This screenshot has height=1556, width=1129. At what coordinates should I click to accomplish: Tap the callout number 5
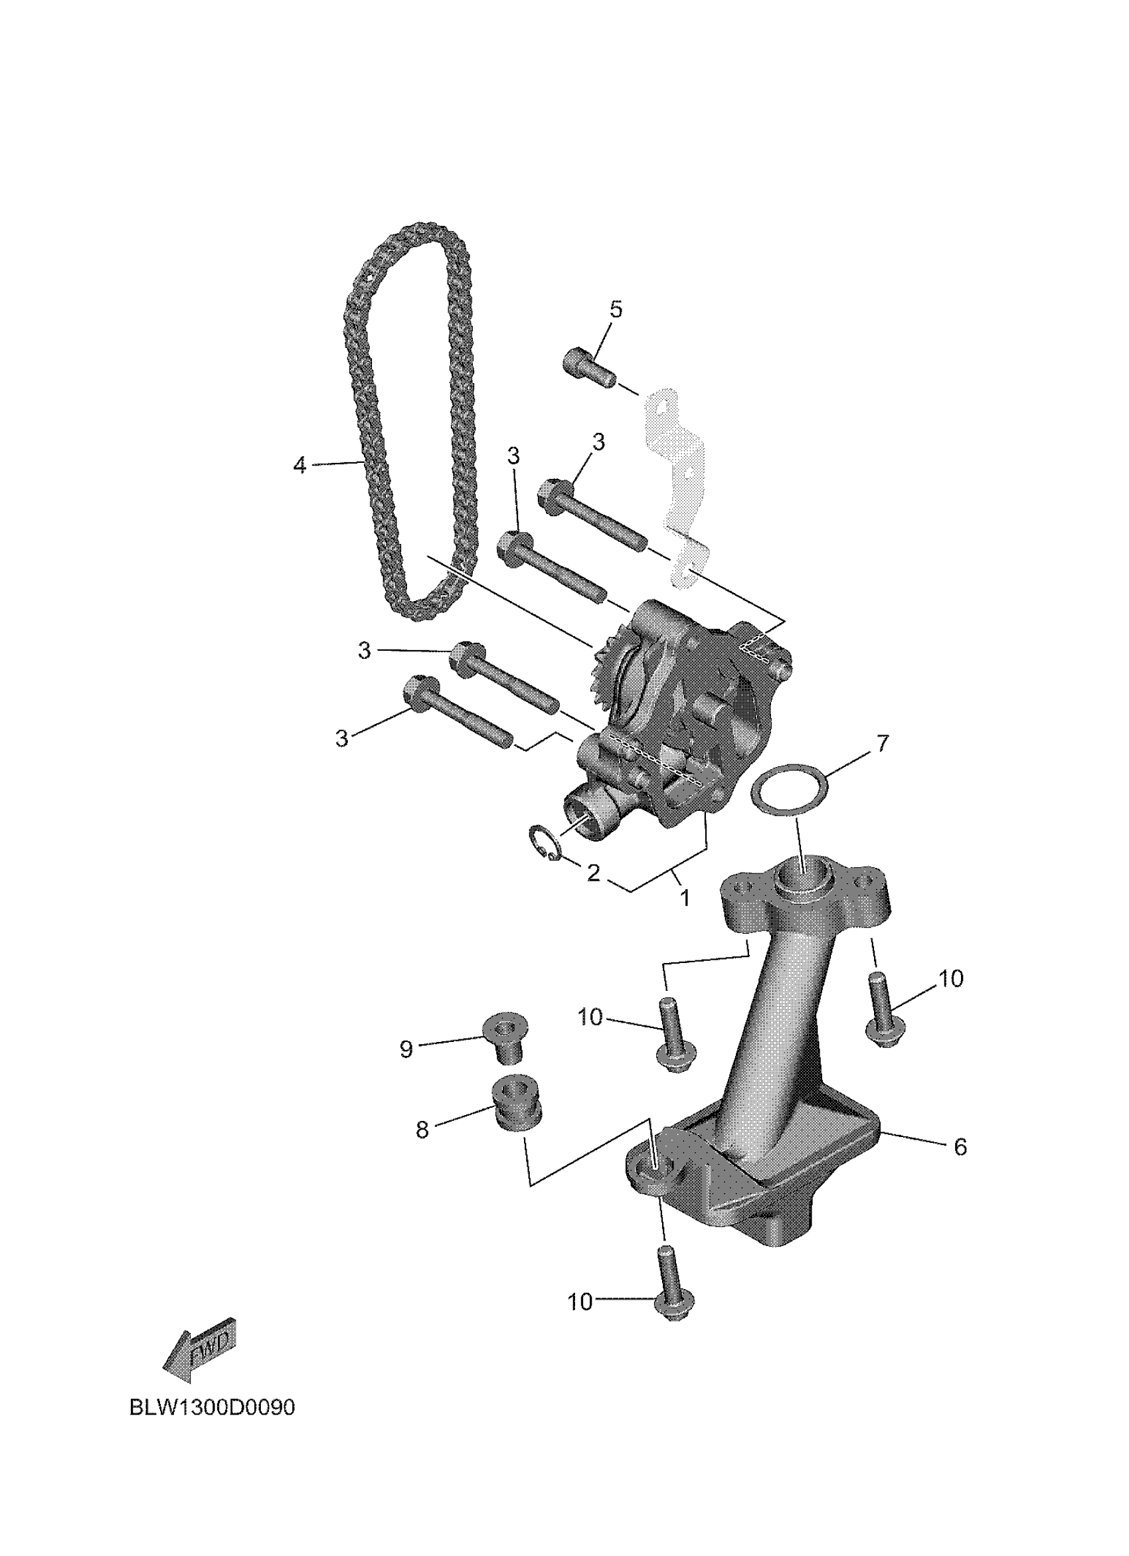[x=615, y=309]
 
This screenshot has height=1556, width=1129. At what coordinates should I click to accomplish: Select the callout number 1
[x=684, y=897]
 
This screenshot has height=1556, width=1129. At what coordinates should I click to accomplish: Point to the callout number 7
[x=881, y=742]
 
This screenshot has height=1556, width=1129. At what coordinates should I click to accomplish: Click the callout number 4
[x=300, y=465]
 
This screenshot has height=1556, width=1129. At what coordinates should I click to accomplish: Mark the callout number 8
[x=422, y=1129]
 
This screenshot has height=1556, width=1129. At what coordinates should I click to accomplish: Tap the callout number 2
[x=593, y=873]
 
